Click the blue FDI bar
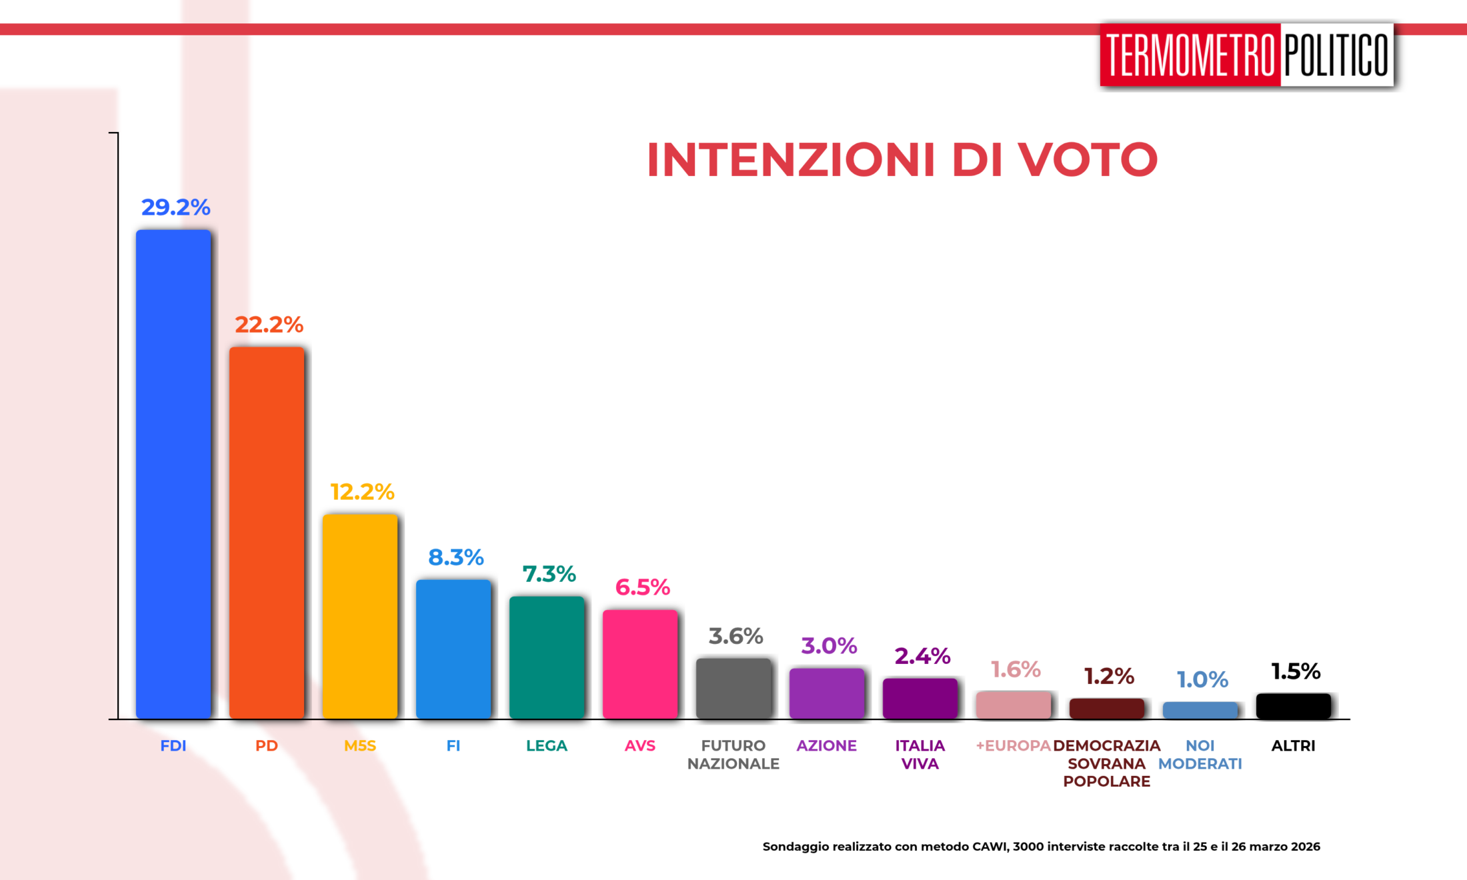(173, 473)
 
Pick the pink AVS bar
(640, 663)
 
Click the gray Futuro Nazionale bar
(733, 688)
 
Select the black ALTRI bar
(1294, 706)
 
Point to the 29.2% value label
(175, 207)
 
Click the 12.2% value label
(362, 492)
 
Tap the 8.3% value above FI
(455, 557)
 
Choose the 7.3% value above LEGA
(549, 574)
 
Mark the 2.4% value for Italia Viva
(922, 656)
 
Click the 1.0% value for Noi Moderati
(1202, 679)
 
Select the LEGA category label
(547, 746)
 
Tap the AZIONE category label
(827, 746)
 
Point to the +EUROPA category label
(1013, 746)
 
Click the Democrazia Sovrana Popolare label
(1107, 763)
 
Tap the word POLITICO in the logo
(1336, 55)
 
